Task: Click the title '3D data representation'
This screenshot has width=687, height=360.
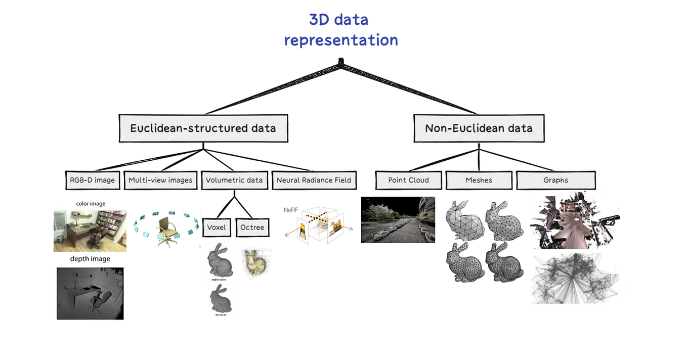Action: (x=340, y=30)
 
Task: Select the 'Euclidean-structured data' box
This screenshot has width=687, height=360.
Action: (x=203, y=128)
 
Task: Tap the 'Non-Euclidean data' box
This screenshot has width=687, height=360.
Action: (x=479, y=128)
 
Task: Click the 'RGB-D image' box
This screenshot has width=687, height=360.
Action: (x=93, y=180)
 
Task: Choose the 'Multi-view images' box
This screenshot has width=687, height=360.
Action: (x=160, y=180)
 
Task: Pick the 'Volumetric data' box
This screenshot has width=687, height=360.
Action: (x=234, y=180)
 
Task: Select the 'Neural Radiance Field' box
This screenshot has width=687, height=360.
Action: (x=314, y=180)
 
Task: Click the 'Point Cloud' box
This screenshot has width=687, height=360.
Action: (x=408, y=180)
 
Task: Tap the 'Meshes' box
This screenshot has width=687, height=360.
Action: (x=479, y=180)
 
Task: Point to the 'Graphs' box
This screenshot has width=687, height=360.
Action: (x=555, y=180)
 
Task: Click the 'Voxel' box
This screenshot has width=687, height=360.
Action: (x=217, y=227)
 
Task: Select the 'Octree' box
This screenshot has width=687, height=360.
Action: (x=252, y=227)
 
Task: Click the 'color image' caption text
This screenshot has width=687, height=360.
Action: (x=91, y=204)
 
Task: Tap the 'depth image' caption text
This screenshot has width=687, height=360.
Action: (x=90, y=259)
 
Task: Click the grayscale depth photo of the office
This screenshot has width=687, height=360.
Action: (x=90, y=293)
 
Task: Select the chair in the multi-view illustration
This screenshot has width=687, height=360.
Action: (x=166, y=231)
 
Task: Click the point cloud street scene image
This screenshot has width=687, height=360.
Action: (x=398, y=220)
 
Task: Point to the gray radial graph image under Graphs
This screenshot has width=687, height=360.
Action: (x=575, y=279)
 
